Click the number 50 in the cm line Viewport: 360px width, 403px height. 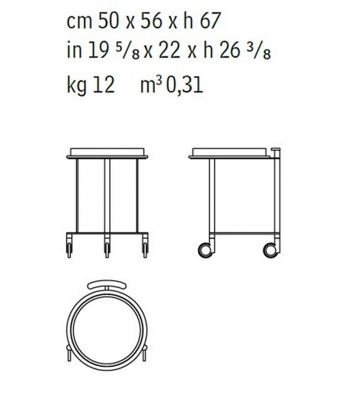pyautogui.click(x=108, y=21)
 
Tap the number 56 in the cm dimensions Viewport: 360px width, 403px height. pyautogui.click(x=151, y=21)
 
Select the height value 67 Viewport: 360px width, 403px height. pyautogui.click(x=209, y=21)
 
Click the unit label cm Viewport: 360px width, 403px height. pyautogui.click(x=79, y=23)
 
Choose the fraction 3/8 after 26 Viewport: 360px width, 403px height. pyautogui.click(x=259, y=53)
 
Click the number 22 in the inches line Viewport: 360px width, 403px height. pyautogui.click(x=169, y=50)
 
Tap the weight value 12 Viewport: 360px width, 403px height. pyautogui.click(x=103, y=85)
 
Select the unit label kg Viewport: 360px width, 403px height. pyautogui.click(x=77, y=85)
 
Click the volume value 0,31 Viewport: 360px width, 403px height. pyautogui.click(x=184, y=85)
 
